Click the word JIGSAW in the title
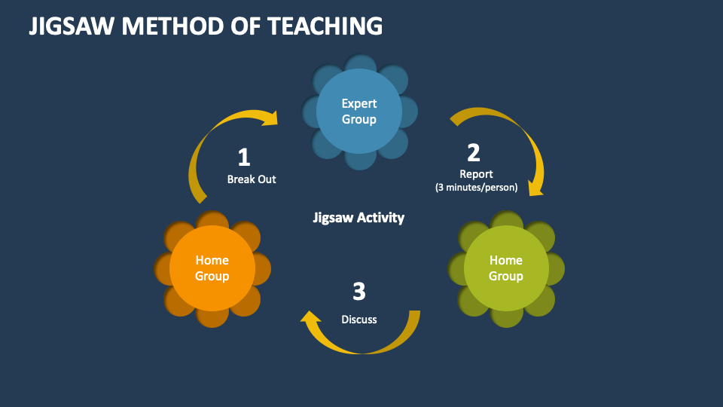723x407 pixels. pos(72,26)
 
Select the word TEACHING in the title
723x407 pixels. pos(325,26)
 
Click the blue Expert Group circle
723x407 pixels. pos(359,112)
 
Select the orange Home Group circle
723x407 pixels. pos(212,268)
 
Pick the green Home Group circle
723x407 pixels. pos(506,268)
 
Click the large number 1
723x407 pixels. pos(244,158)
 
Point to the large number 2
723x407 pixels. pos(474,153)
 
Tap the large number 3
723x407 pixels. pos(359,291)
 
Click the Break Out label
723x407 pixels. pos(252,179)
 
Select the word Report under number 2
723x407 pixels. pos(476,174)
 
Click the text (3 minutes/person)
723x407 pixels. pos(476,188)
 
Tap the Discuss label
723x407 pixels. pos(358,320)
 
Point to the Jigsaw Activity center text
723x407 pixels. pos(358,217)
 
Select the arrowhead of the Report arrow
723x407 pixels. pos(535,189)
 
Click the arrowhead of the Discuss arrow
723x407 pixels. pos(310,317)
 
